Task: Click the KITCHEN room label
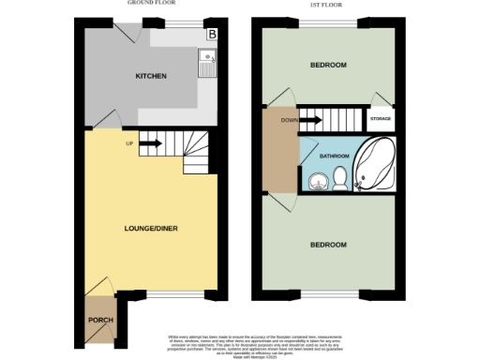click(x=150, y=76)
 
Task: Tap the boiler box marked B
click(x=212, y=35)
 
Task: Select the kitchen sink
click(x=206, y=63)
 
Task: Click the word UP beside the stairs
click(x=129, y=143)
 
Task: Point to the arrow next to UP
click(x=150, y=143)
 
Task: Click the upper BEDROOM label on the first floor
click(x=328, y=65)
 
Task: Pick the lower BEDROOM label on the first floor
click(x=328, y=245)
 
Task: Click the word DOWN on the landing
click(x=290, y=120)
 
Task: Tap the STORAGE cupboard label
click(x=381, y=120)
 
